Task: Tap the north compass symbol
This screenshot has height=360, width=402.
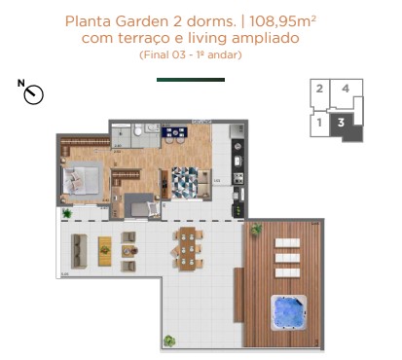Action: click(33, 93)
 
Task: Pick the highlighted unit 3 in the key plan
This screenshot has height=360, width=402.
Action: click(341, 122)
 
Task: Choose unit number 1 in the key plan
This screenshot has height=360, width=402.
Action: click(319, 123)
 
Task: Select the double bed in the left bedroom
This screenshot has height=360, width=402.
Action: click(83, 178)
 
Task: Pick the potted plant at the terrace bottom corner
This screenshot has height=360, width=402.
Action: click(169, 341)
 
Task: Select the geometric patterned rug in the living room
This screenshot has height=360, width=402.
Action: click(185, 181)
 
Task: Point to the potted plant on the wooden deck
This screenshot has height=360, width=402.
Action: click(256, 229)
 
